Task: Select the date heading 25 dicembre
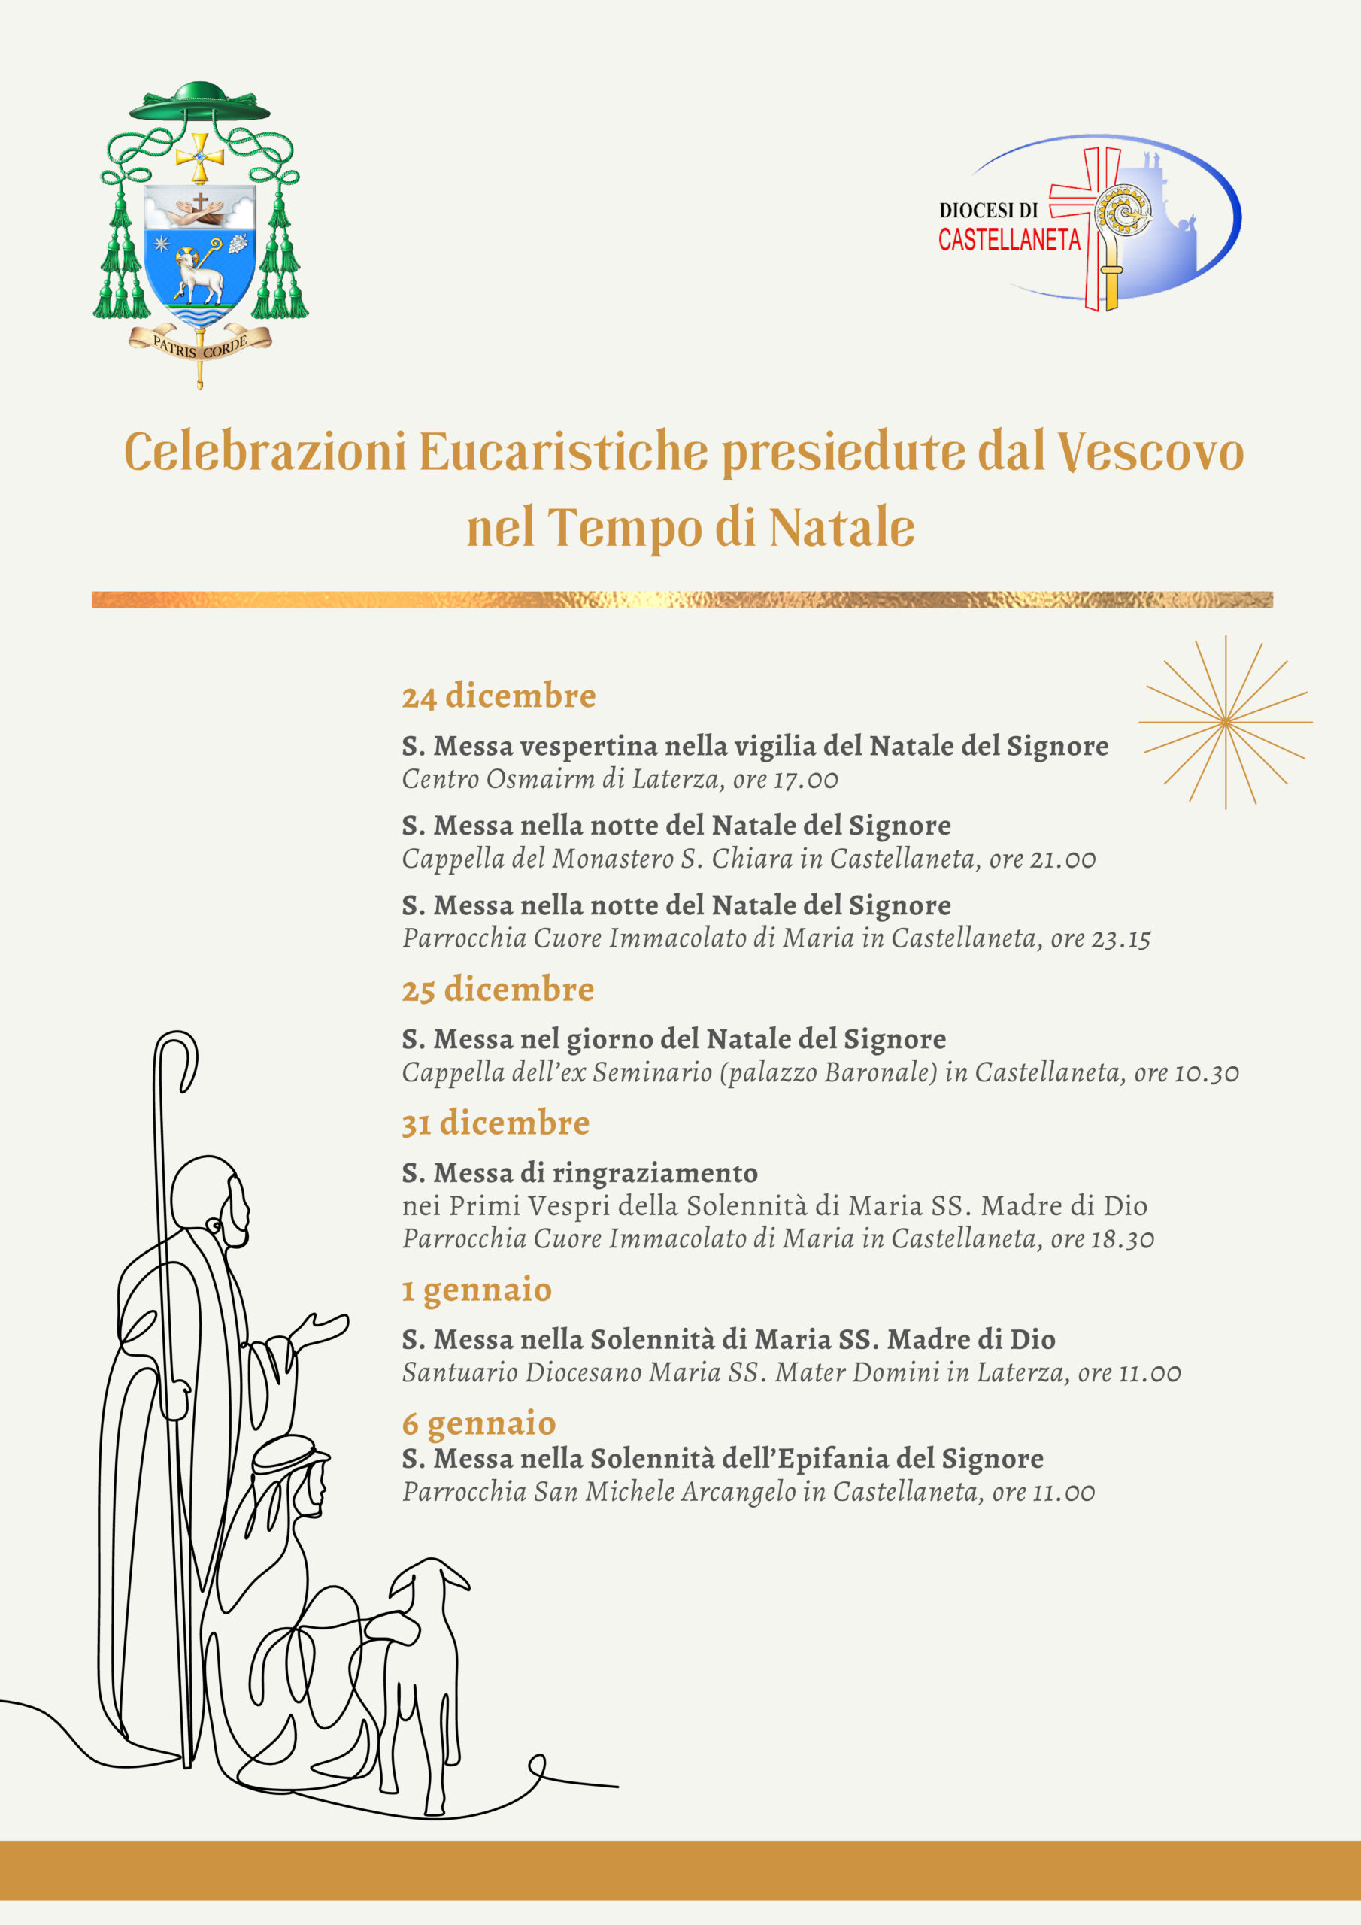click(x=497, y=990)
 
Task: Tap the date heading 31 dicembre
click(x=496, y=1123)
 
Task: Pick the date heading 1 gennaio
click(x=476, y=1290)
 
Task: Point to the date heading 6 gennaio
click(x=479, y=1423)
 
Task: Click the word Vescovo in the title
click(x=1150, y=453)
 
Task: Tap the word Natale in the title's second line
click(x=841, y=528)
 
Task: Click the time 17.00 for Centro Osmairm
click(x=805, y=780)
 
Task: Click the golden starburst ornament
click(x=1225, y=721)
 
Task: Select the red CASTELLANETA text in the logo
click(x=1009, y=241)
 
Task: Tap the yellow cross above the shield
click(x=199, y=157)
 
